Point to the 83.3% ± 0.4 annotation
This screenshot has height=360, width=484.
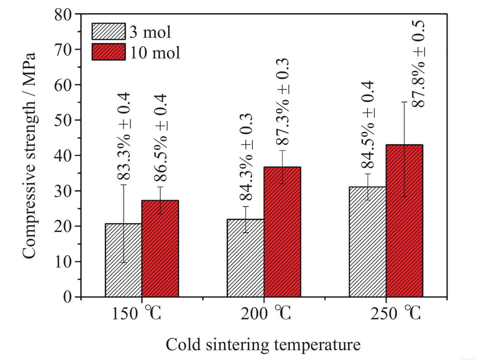(x=124, y=137)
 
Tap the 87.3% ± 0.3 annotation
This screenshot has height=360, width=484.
(x=282, y=102)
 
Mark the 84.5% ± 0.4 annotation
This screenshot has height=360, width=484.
(x=368, y=125)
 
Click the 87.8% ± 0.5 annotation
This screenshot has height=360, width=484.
(x=418, y=64)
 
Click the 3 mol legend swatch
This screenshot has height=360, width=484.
(x=109, y=32)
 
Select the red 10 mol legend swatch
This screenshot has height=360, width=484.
(x=109, y=52)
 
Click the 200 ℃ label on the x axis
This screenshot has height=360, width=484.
(x=266, y=313)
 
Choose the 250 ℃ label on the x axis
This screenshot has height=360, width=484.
(x=395, y=313)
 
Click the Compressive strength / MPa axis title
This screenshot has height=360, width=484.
(x=29, y=156)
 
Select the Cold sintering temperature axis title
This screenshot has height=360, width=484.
(x=263, y=345)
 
